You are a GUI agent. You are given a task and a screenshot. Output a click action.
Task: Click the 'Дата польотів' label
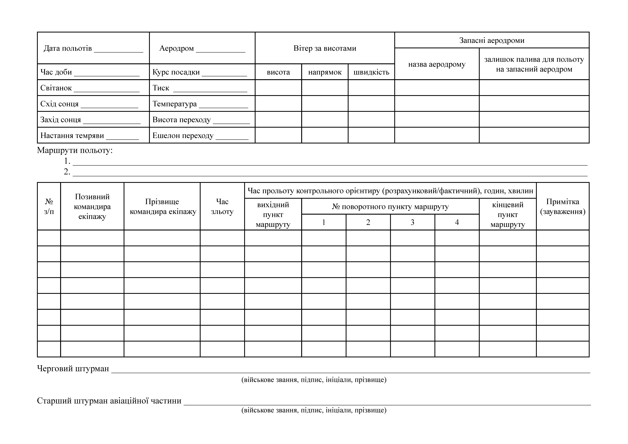[68, 48]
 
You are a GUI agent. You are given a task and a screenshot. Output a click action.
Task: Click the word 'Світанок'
[56, 88]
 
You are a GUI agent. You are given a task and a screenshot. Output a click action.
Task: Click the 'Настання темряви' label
[72, 136]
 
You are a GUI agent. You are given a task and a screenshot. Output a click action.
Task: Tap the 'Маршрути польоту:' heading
[75, 150]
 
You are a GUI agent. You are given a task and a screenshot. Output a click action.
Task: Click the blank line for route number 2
[330, 175]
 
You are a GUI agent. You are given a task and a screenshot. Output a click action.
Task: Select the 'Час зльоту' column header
[222, 207]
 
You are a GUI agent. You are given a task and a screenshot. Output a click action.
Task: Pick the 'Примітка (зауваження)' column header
[563, 207]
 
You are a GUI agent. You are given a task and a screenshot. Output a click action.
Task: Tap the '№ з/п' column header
[49, 207]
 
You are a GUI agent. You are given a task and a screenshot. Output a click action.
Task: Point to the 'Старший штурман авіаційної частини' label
[109, 401]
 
